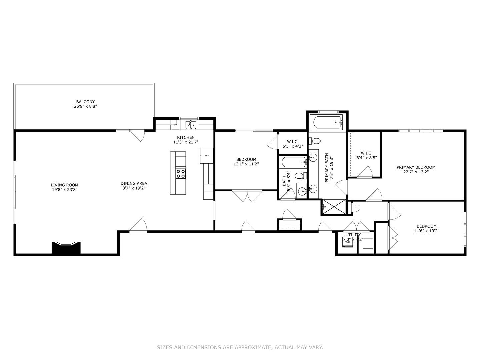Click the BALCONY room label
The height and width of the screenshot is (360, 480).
[x=85, y=102]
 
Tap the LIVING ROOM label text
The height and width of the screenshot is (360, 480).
[x=64, y=185]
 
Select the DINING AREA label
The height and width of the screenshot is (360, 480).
[x=134, y=183]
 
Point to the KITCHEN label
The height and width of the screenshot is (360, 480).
[x=186, y=137]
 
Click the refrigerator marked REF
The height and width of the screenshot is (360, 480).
[x=206, y=155]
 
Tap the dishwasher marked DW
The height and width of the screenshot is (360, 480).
[x=175, y=125]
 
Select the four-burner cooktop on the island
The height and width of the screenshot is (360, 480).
[x=181, y=173]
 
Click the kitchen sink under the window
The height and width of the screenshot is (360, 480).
[x=191, y=125]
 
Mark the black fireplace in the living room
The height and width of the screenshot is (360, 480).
[x=66, y=248]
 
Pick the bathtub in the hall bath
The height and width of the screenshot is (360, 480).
[x=293, y=162]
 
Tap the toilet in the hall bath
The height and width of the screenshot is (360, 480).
[x=300, y=175]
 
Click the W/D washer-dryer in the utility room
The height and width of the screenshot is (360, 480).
[x=347, y=241]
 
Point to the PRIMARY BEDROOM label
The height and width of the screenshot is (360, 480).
[x=416, y=167]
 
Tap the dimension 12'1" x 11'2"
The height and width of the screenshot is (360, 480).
[x=246, y=164]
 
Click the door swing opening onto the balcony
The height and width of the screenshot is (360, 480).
[x=137, y=135]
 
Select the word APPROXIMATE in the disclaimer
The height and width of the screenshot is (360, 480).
[x=253, y=347]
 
